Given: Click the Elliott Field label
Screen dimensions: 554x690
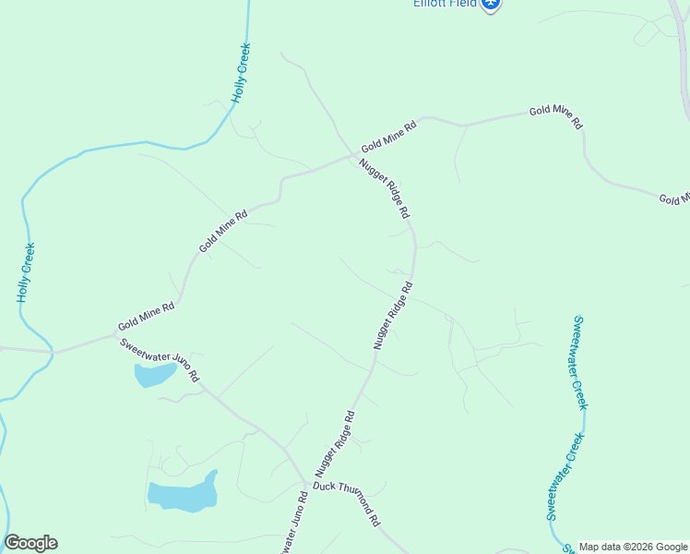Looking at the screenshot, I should tap(445, 4).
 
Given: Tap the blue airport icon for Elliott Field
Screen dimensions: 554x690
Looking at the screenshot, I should tap(492, 5).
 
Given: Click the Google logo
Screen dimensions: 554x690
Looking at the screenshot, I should tap(30, 543).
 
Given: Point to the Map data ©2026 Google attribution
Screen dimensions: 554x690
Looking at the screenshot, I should tap(633, 547).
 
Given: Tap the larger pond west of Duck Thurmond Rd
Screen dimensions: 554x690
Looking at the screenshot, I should tap(183, 495).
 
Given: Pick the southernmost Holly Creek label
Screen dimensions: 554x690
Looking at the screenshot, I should tap(26, 272).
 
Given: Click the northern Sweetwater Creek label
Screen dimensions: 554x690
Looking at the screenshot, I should tap(579, 363).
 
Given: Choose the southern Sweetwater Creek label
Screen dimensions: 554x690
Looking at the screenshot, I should tap(564, 476).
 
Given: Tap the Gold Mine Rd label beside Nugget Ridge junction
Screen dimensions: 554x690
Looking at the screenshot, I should tap(388, 135).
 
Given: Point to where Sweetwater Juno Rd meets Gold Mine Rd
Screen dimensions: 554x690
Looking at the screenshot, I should tap(54, 352).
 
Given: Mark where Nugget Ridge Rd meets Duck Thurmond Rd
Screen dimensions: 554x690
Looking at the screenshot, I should tap(306, 484).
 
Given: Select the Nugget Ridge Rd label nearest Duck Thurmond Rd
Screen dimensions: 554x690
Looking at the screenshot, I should tap(335, 442).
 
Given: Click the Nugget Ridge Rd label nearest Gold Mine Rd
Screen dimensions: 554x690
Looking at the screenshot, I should tap(384, 187).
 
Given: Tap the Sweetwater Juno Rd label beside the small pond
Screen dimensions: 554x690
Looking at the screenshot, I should tap(160, 360).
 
